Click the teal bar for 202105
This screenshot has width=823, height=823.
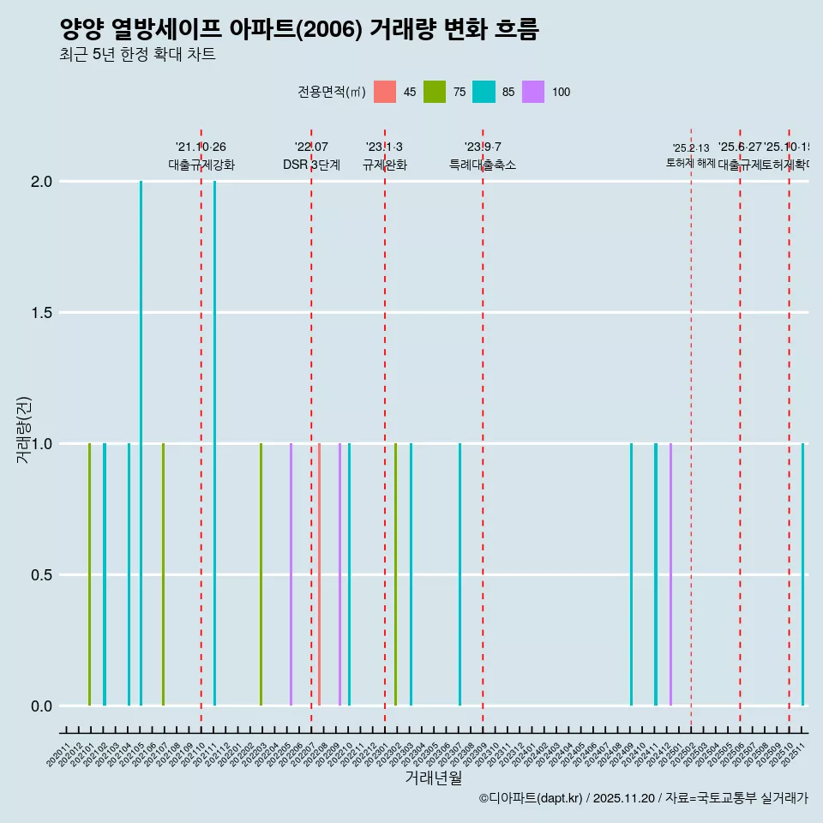[141, 443]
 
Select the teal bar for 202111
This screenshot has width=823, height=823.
[214, 443]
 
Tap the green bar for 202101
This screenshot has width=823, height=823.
[89, 574]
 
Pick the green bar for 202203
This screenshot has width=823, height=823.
[261, 574]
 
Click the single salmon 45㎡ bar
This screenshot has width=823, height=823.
[319, 574]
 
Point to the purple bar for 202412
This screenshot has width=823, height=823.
[670, 574]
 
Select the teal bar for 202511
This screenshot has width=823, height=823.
[803, 574]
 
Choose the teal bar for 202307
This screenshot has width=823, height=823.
[460, 574]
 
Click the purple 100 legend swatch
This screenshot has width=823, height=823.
[533, 92]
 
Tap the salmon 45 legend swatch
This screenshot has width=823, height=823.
[385, 92]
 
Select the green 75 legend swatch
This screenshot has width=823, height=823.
[435, 92]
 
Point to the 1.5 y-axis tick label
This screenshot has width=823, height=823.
[40, 313]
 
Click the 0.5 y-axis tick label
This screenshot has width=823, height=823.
[40, 575]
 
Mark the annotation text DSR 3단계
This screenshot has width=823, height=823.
[312, 165]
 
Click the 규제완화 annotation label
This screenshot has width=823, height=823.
[384, 165]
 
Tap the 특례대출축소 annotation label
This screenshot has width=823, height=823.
[483, 165]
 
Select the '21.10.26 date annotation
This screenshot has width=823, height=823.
[201, 147]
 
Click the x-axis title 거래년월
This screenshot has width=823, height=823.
[433, 778]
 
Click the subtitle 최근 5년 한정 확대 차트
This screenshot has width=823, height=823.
[137, 55]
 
